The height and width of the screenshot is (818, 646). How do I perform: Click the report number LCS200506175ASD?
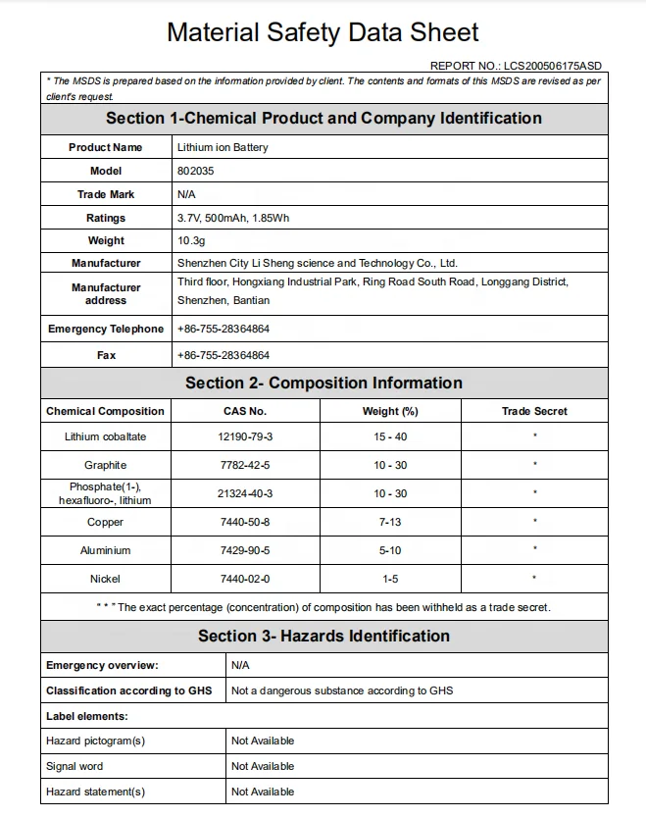[x=553, y=66]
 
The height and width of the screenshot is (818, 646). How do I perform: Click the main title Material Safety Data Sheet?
[x=323, y=32]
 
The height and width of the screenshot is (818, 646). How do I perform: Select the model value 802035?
[x=196, y=171]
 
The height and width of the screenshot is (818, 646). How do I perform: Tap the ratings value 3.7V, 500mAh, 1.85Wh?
[x=233, y=218]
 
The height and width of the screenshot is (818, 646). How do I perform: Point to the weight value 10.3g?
[x=191, y=240]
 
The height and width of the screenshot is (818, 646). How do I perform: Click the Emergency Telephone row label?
[x=106, y=330]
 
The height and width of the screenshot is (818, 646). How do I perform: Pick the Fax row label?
[x=106, y=355]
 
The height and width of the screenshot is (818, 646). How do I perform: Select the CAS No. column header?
[x=245, y=411]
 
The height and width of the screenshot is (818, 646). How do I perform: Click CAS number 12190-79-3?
[x=245, y=436]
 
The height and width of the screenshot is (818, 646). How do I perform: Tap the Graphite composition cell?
[x=106, y=465]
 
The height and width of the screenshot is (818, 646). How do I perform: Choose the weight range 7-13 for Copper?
[x=390, y=523]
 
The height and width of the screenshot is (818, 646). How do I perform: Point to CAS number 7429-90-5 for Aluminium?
[x=245, y=551]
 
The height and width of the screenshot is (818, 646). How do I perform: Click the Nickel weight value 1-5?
[x=390, y=580]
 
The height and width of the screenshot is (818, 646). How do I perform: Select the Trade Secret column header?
[x=534, y=411]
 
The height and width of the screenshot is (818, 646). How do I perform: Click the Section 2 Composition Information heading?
[x=323, y=383]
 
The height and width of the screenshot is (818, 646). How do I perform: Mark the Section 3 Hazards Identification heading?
[x=323, y=636]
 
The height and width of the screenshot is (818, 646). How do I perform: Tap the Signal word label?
[x=75, y=766]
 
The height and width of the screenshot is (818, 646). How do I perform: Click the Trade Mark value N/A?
[x=187, y=194]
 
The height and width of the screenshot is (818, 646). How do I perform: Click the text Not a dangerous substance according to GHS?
[x=342, y=690]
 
